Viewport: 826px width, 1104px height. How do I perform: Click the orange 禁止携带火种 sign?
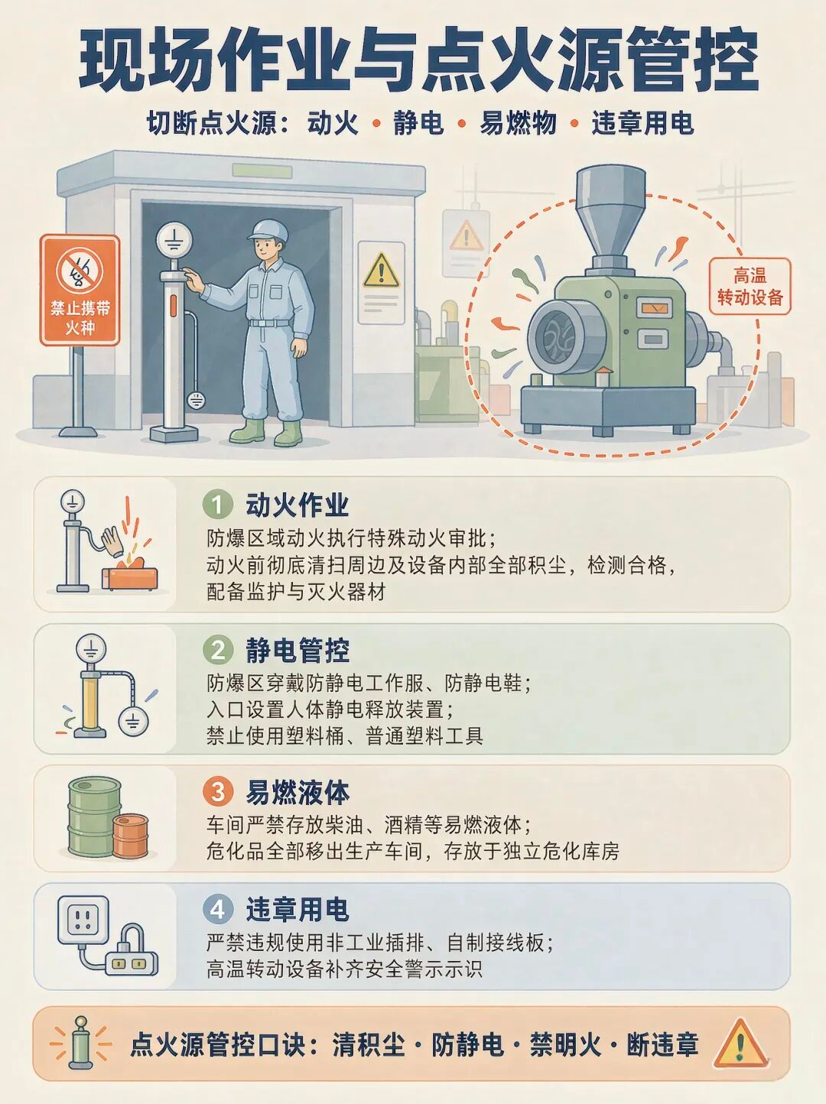80,291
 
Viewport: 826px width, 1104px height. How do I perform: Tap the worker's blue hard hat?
268,230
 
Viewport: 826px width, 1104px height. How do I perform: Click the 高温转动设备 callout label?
750,286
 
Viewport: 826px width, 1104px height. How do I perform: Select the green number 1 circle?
217,505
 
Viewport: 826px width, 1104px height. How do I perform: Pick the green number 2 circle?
217,650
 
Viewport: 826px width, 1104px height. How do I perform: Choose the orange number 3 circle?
217,792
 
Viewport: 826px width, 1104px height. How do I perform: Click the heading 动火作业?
297,505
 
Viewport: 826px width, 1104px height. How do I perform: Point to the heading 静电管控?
297,650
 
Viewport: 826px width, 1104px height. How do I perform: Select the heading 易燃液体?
297,792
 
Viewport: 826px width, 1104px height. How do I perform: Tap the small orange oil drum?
130,836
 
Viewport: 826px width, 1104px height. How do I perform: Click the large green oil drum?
93,816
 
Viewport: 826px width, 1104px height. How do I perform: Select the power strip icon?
132,963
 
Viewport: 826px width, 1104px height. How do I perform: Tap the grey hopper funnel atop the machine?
610,216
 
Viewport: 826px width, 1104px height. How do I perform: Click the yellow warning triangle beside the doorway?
381,271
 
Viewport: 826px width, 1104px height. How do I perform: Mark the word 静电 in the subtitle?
418,123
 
